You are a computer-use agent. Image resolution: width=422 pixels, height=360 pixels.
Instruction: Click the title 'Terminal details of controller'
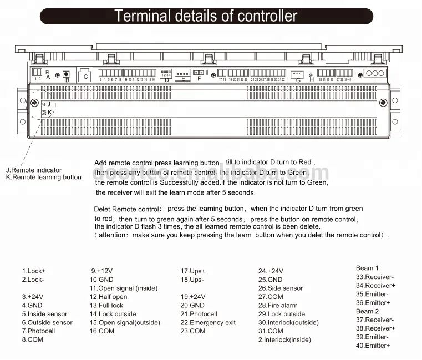click(x=206, y=16)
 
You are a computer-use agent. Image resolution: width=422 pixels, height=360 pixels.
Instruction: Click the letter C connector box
click(x=86, y=77)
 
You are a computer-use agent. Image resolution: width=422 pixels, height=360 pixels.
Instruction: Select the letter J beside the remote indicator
click(x=49, y=104)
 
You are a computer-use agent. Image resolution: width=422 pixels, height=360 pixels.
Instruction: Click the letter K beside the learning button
click(x=50, y=112)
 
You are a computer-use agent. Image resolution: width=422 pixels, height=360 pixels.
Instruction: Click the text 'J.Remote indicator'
click(x=34, y=170)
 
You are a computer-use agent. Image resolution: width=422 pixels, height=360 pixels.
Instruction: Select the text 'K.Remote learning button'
click(x=43, y=178)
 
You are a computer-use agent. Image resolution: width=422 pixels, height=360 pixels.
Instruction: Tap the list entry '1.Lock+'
click(x=34, y=271)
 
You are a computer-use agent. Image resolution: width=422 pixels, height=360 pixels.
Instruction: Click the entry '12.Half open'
click(x=108, y=297)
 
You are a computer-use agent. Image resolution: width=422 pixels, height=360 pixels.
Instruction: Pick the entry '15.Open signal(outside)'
click(x=125, y=322)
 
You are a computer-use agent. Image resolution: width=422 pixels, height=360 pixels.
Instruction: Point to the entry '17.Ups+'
click(x=192, y=271)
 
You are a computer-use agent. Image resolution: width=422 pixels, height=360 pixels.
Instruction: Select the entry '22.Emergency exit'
click(x=208, y=322)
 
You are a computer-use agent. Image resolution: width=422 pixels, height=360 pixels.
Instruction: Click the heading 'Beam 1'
click(x=367, y=268)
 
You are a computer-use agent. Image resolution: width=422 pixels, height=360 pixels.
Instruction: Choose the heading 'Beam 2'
click(x=367, y=311)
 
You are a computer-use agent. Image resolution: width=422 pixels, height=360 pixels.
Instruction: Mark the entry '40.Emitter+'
click(x=373, y=346)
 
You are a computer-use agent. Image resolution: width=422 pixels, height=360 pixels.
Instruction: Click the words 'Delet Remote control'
click(x=126, y=209)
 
